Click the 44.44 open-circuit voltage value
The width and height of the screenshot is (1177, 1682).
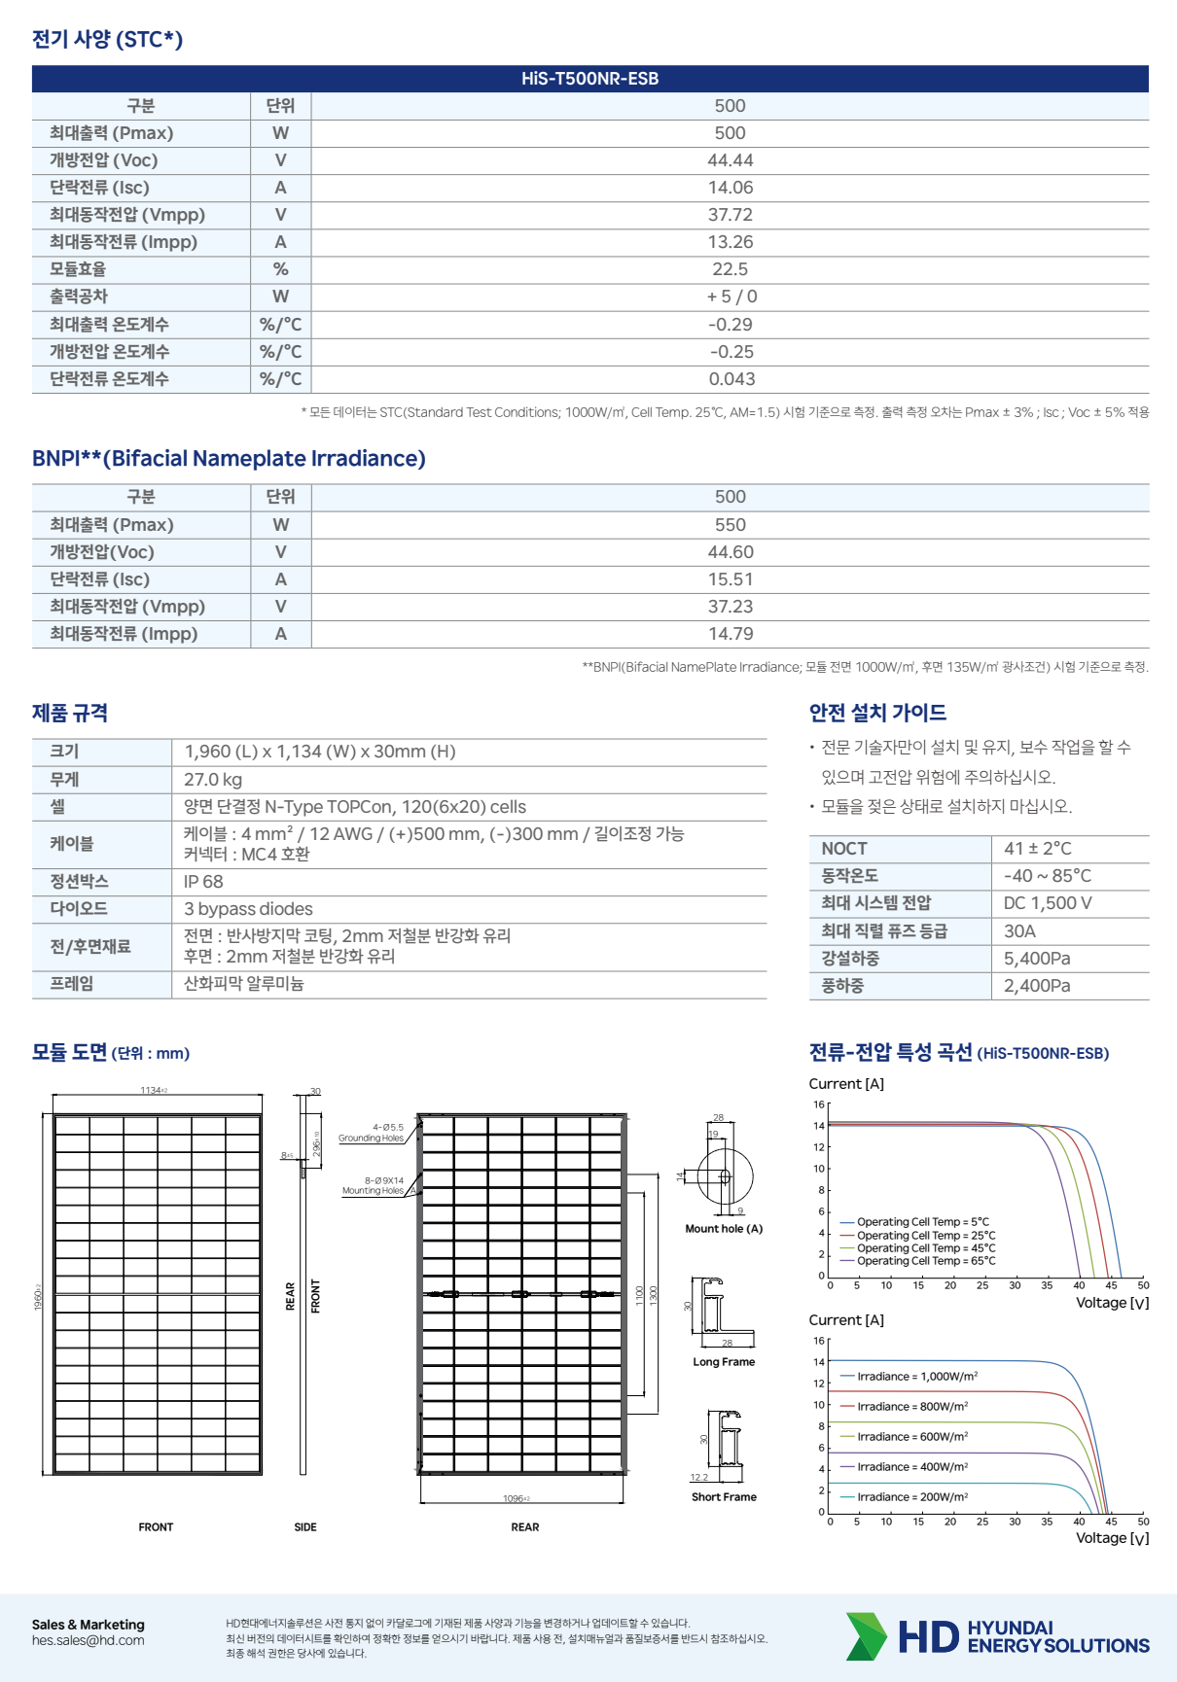[730, 160]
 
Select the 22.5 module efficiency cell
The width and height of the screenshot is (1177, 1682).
[730, 269]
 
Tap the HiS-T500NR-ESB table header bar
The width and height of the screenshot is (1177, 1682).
[589, 79]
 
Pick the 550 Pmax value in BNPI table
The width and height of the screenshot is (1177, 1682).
[730, 525]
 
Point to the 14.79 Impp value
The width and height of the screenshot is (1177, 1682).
[730, 634]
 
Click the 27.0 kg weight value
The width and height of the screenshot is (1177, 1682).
[213, 780]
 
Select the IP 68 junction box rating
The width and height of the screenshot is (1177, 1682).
[203, 882]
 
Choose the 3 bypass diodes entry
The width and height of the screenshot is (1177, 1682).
[248, 909]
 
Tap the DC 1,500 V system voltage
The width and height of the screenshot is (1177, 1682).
[1047, 903]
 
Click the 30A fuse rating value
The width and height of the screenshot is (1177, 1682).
[1019, 931]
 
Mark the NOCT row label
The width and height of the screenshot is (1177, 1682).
[843, 849]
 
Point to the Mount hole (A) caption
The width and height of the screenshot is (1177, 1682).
[724, 1229]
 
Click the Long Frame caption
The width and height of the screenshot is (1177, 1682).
[724, 1362]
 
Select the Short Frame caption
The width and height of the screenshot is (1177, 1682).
[724, 1497]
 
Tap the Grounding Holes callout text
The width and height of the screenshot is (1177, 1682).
[371, 1139]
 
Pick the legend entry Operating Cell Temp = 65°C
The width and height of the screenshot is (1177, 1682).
[925, 1261]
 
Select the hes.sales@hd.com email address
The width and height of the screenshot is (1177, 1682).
[88, 1640]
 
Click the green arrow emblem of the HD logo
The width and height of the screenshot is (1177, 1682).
[865, 1636]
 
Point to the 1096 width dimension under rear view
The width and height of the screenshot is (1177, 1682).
[515, 1498]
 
